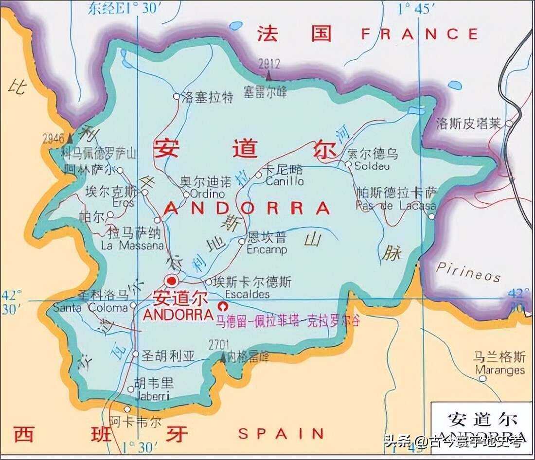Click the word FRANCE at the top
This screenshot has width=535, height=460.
pyautogui.click(x=419, y=34)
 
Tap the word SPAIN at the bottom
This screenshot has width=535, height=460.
pyautogui.click(x=281, y=433)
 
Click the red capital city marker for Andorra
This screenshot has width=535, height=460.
pyautogui.click(x=171, y=281)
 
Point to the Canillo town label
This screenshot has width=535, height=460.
pyautogui.click(x=285, y=181)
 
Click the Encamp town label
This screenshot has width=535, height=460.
pyautogui.click(x=267, y=250)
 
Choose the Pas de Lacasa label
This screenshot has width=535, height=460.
pyautogui.click(x=395, y=206)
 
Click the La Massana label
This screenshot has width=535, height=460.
pyautogui.click(x=132, y=246)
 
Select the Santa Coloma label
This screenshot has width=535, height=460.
pyautogui.click(x=90, y=308)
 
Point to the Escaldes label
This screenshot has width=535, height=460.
pyautogui.click(x=247, y=295)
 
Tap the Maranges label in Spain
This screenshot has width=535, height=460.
pyautogui.click(x=500, y=370)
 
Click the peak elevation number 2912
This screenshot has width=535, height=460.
pyautogui.click(x=269, y=64)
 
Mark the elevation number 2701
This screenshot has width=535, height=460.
pyautogui.click(x=218, y=345)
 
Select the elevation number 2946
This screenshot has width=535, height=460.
pyautogui.click(x=53, y=139)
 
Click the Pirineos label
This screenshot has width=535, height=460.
pyautogui.click(x=468, y=272)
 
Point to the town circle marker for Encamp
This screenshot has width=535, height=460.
pyautogui.click(x=242, y=241)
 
